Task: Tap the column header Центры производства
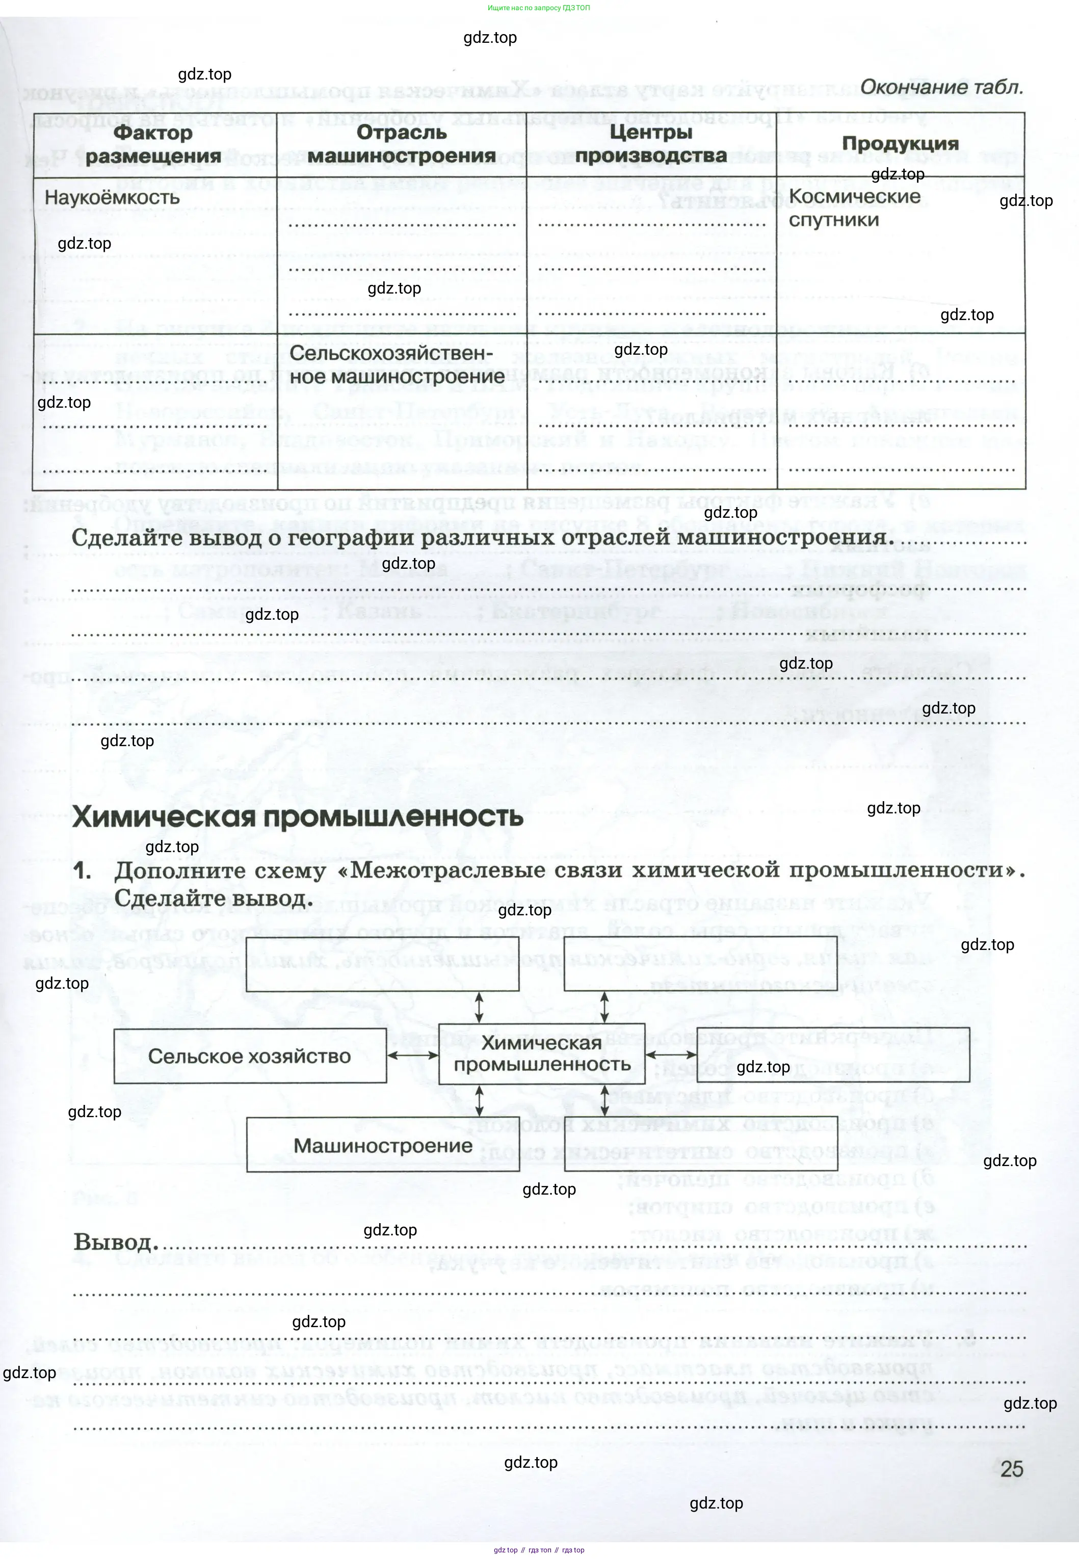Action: [650, 143]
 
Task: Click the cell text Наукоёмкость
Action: [112, 197]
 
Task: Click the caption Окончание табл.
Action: [941, 87]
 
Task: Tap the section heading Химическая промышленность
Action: [298, 816]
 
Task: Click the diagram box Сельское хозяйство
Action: [249, 1056]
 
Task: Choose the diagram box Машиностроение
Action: [383, 1145]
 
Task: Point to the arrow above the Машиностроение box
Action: [479, 1101]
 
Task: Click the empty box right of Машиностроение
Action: [700, 1145]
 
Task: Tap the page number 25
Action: [1011, 1468]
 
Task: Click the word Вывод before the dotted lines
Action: [113, 1242]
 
